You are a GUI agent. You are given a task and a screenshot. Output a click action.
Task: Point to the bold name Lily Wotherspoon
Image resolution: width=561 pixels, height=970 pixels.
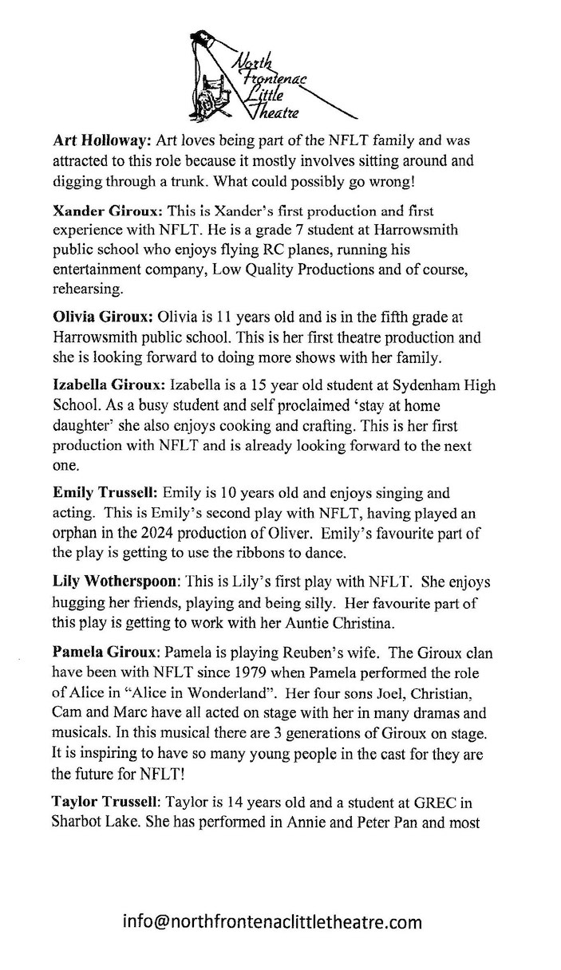point(117,582)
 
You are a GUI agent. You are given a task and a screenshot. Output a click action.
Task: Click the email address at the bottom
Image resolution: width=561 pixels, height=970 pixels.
point(272,923)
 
